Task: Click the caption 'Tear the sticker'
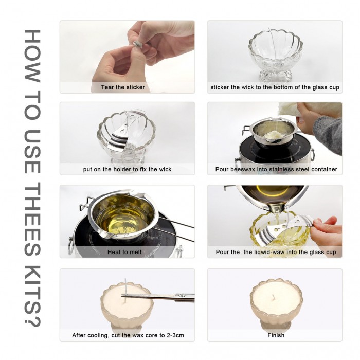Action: (123, 87)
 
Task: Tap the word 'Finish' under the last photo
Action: (276, 335)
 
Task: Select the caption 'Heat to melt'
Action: (124, 252)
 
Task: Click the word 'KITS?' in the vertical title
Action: (32, 296)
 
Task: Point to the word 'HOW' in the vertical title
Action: (32, 56)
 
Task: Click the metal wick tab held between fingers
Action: (137, 44)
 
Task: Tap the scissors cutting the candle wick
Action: (158, 297)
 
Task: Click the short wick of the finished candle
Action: (273, 297)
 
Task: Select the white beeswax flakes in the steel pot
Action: (274, 134)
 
